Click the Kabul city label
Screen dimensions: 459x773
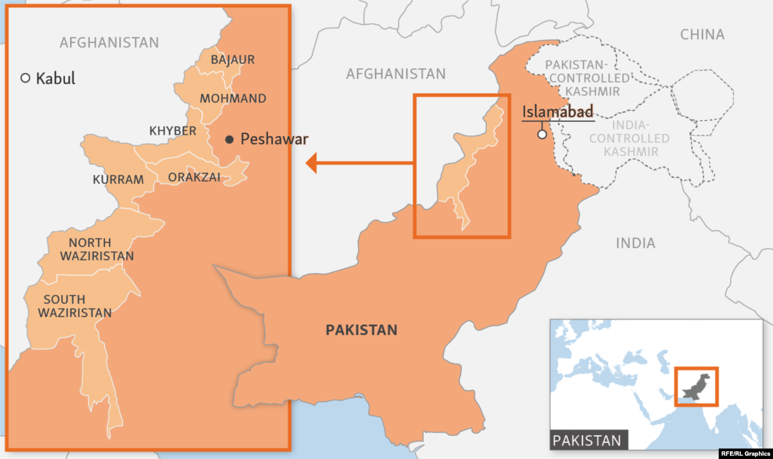point(55,79)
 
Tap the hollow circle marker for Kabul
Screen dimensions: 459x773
point(25,78)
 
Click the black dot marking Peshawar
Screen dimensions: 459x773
point(229,139)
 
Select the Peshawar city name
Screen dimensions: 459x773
point(274,139)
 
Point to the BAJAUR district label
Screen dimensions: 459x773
point(233,60)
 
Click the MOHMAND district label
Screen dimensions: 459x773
point(233,99)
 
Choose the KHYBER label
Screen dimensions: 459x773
point(173,131)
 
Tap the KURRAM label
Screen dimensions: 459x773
point(118,179)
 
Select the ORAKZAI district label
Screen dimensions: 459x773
point(195,177)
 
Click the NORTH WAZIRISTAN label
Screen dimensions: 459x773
point(97,249)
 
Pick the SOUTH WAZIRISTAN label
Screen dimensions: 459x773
point(75,306)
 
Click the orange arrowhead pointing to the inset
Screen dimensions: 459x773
point(312,163)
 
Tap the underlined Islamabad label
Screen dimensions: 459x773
point(558,111)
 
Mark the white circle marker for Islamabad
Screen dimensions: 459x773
point(542,134)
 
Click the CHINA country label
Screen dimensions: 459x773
point(702,35)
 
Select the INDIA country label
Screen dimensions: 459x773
point(635,243)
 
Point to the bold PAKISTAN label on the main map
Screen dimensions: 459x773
point(361,330)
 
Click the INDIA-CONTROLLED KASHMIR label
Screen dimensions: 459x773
point(629,139)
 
